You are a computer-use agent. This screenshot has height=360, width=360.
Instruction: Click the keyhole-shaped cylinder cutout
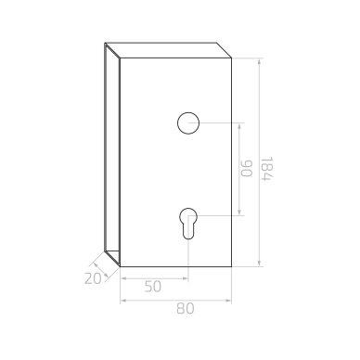point(188,223)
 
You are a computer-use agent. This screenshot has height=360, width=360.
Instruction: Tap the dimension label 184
point(266,169)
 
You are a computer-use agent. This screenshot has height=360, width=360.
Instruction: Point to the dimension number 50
point(153,287)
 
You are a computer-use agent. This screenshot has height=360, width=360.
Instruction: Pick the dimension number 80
point(186,309)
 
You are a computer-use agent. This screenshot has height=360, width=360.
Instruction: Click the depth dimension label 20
point(93,278)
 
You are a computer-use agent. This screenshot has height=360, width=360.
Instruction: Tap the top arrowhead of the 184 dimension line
point(259,61)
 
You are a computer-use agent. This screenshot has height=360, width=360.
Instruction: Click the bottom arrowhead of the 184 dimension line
point(259,264)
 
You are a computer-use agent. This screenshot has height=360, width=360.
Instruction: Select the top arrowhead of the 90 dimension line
point(239,126)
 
